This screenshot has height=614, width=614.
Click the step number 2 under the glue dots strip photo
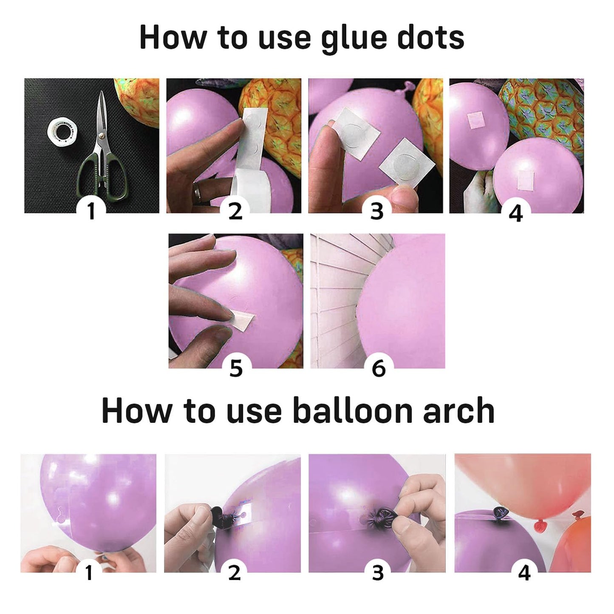pyautogui.click(x=235, y=211)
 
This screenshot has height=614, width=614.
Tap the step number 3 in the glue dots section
pyautogui.click(x=376, y=211)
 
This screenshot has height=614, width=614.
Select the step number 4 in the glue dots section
pyautogui.click(x=515, y=213)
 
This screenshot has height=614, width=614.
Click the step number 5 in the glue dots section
pyautogui.click(x=236, y=368)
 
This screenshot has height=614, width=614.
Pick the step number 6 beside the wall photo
pyautogui.click(x=379, y=368)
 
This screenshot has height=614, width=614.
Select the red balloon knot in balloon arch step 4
pyautogui.click(x=541, y=526)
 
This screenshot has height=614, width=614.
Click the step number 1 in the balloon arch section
pyautogui.click(x=89, y=572)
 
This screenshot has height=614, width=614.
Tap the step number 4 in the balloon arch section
pyautogui.click(x=524, y=573)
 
